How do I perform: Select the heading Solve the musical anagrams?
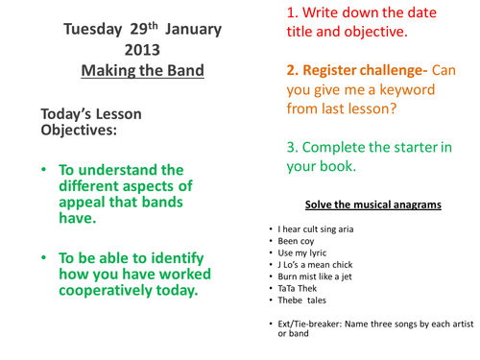coord(372,204)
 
